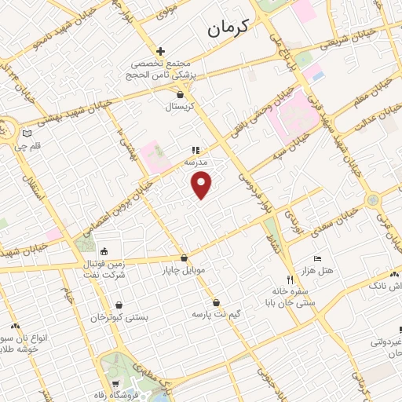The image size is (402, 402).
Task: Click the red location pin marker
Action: tap(203, 183)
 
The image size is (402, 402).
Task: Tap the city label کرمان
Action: tap(228, 28)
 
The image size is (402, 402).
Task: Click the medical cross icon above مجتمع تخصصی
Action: tap(161, 50)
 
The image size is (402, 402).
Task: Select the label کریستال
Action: tap(182, 106)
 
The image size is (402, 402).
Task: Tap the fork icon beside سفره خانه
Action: tap(290, 280)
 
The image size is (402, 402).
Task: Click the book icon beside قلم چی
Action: tap(28, 133)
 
